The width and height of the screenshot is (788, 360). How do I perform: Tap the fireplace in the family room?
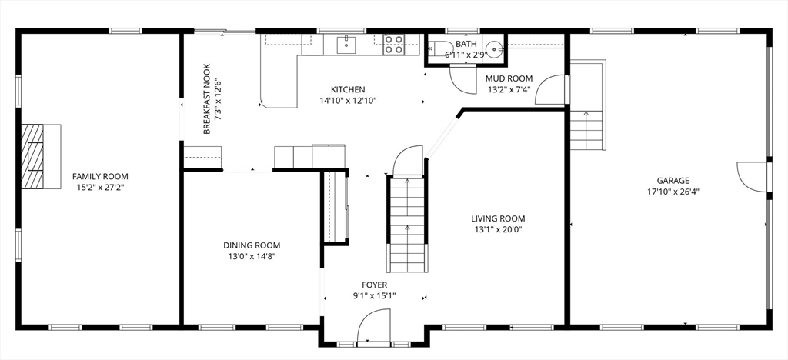coord(41,156)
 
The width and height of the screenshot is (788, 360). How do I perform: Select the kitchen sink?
coord(346,44)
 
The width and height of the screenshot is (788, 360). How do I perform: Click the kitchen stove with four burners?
coord(393,44)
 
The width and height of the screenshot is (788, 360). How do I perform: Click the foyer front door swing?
coord(373,325)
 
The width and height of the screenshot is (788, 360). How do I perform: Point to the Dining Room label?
coord(252,245)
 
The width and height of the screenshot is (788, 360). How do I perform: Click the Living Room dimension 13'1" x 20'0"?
coord(498,230)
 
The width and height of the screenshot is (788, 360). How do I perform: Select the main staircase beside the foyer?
coord(407,224)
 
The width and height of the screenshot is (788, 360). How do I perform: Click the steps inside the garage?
coord(587,130)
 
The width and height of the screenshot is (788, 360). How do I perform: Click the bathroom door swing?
coord(462,79)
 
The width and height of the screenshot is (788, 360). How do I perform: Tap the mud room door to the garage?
coord(550,89)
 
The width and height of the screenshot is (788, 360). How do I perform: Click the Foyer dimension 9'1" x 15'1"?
coord(375,295)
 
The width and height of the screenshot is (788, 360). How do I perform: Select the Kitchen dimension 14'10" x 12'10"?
coord(348,101)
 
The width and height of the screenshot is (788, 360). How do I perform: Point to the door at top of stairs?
coord(408,161)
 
